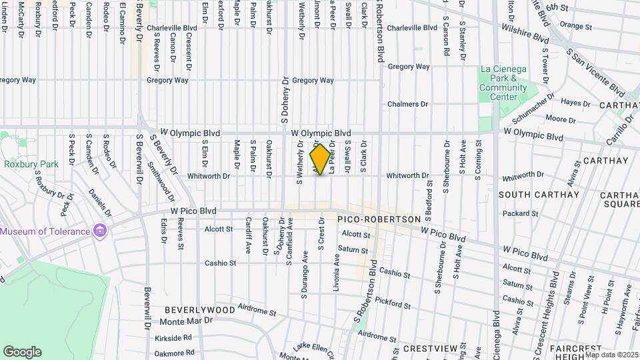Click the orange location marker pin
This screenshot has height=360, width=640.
click(321, 159)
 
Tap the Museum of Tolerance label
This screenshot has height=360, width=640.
click(45, 231)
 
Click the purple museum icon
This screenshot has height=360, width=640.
click(100, 231)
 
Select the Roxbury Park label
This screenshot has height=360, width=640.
click(31, 164)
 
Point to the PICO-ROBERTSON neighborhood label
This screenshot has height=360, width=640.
click(379, 219)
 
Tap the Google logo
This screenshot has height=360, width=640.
click(22, 352)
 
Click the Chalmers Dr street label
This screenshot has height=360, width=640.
click(407, 105)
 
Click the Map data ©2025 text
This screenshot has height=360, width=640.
click(611, 354)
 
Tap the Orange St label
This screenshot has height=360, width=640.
click(576, 25)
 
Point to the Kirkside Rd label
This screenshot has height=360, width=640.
click(173, 339)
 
